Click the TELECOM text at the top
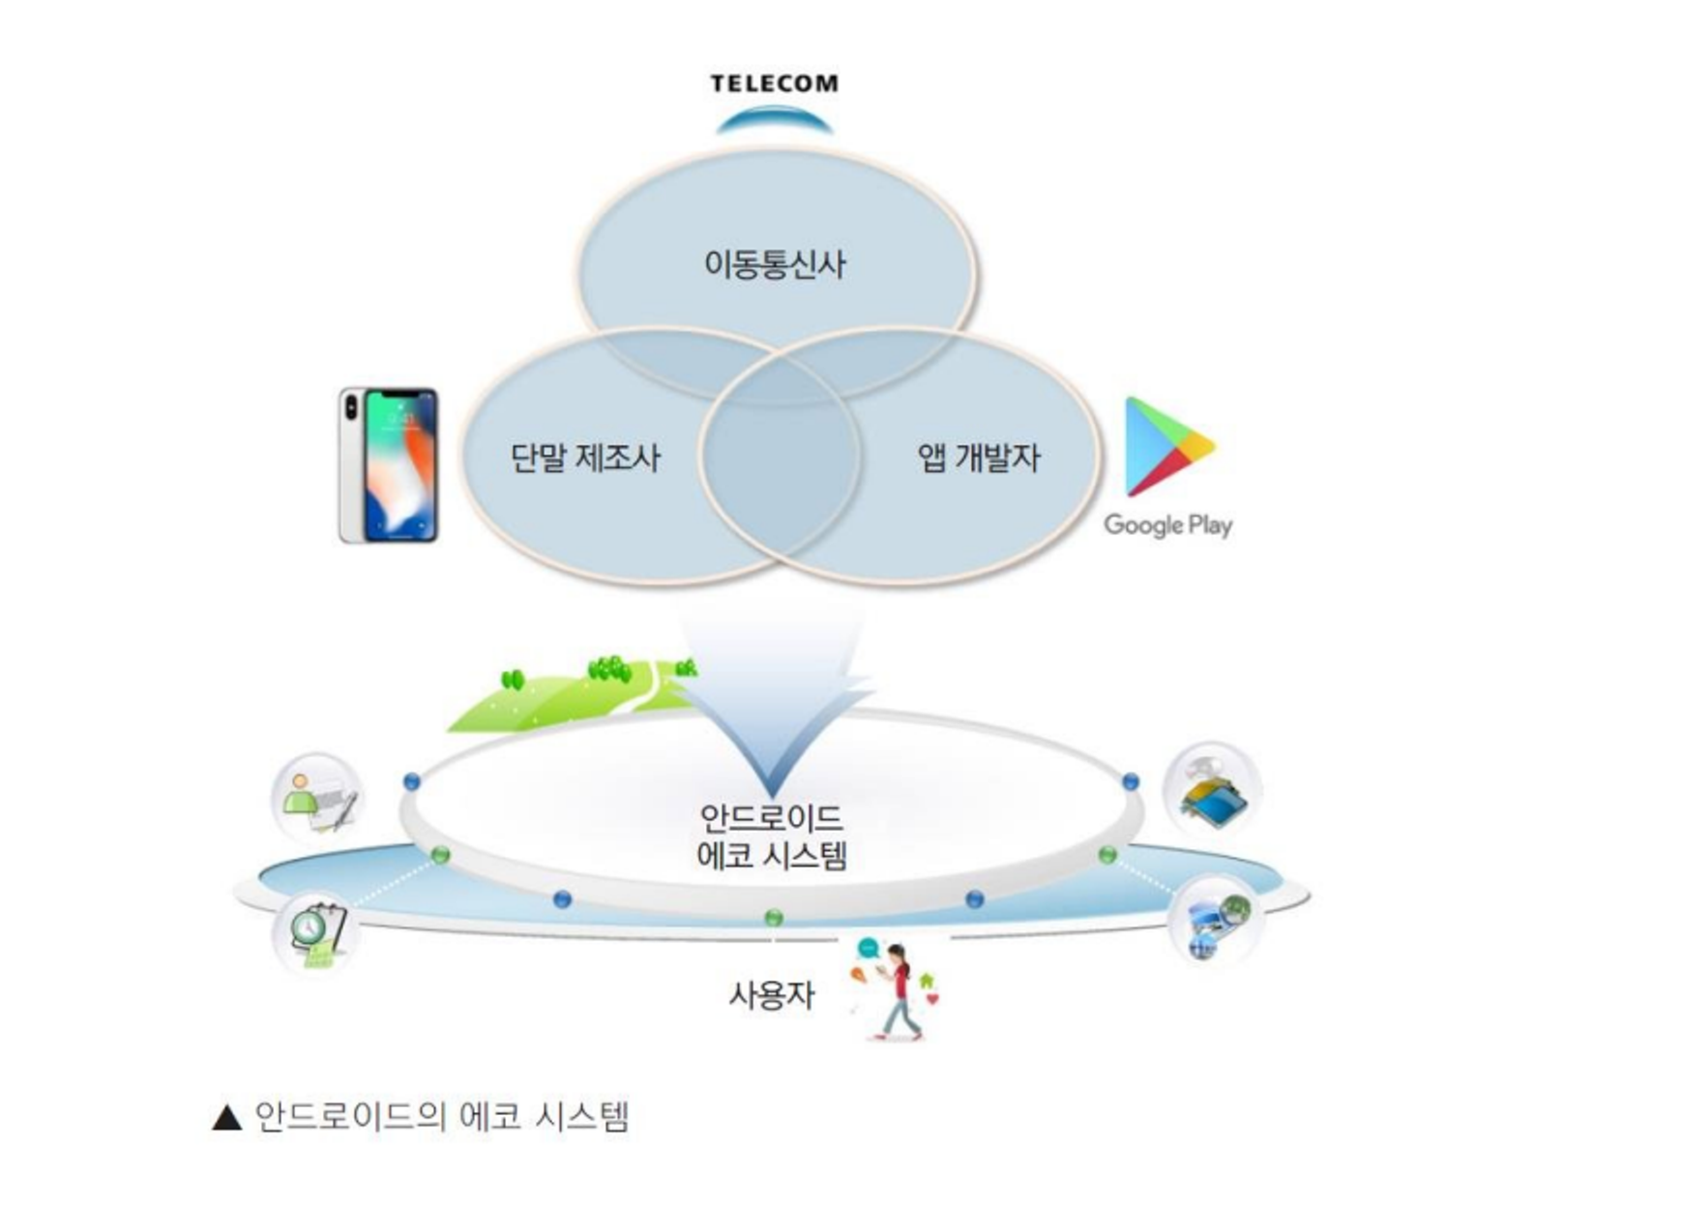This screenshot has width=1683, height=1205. (774, 84)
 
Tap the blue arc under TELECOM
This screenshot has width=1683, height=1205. (774, 121)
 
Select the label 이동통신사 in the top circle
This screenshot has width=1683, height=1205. (775, 264)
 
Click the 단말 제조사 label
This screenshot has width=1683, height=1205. (585, 457)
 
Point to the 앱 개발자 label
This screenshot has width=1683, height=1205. (979, 457)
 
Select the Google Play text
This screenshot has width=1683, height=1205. (1167, 525)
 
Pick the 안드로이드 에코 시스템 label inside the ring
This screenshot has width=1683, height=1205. (772, 838)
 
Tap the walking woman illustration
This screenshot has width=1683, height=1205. (897, 991)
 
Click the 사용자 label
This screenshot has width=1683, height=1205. (771, 994)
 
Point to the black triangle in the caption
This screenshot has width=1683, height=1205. (226, 1118)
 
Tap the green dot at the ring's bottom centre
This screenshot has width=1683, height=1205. (773, 917)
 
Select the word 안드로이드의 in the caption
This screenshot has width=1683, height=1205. (350, 1117)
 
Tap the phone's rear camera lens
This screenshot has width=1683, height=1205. (351, 406)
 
